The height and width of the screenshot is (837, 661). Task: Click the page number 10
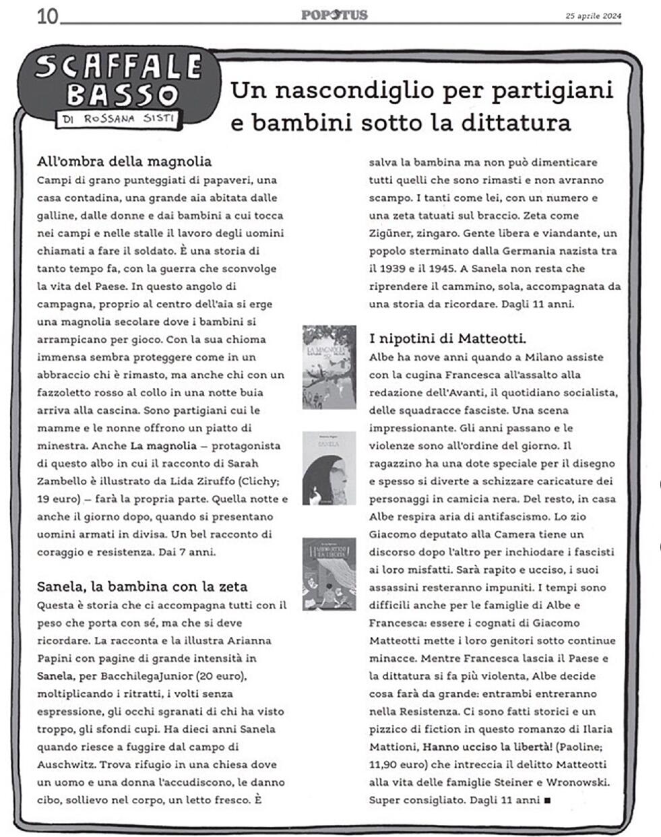tap(47, 15)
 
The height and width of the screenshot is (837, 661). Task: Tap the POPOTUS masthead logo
tap(334, 14)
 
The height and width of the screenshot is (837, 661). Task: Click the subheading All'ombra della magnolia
tap(125, 161)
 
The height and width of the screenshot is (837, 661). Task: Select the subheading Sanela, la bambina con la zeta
tap(142, 586)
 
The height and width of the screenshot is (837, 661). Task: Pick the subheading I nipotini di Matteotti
tap(447, 338)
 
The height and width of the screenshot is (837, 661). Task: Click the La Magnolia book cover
tap(329, 367)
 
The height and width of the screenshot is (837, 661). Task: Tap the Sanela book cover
tap(329, 468)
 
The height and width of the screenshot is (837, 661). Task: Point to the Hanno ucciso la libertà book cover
tap(329, 573)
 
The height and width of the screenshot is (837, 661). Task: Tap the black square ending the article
tap(547, 801)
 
